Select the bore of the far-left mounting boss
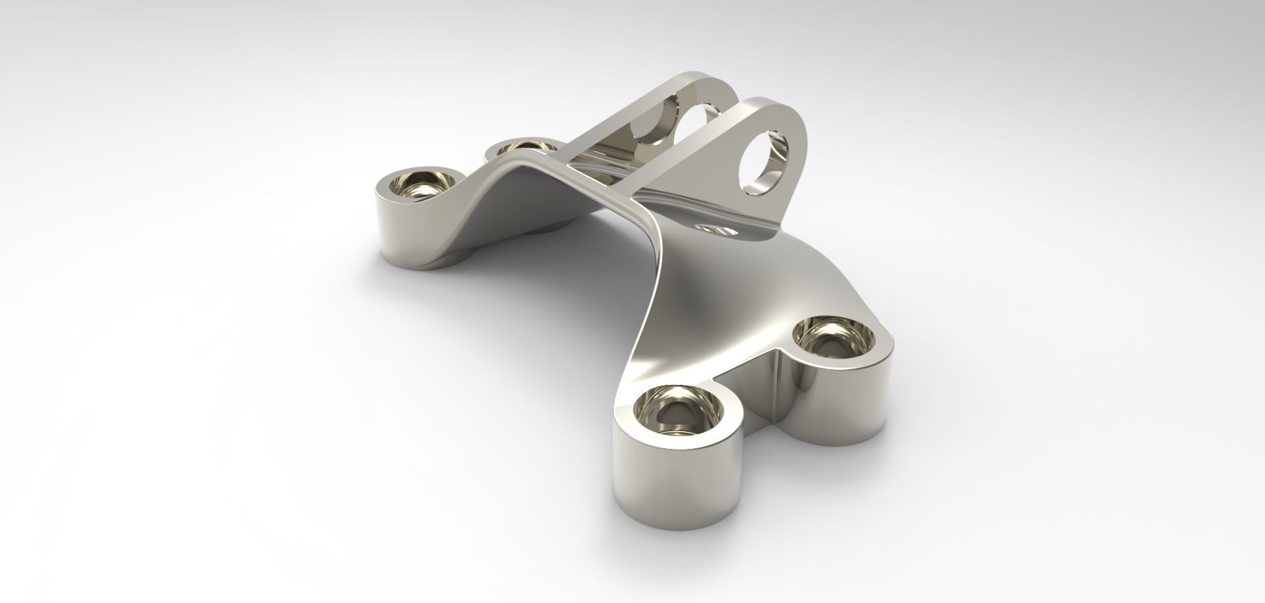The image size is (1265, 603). point(422,185)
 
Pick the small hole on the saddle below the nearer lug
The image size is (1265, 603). point(717,230)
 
